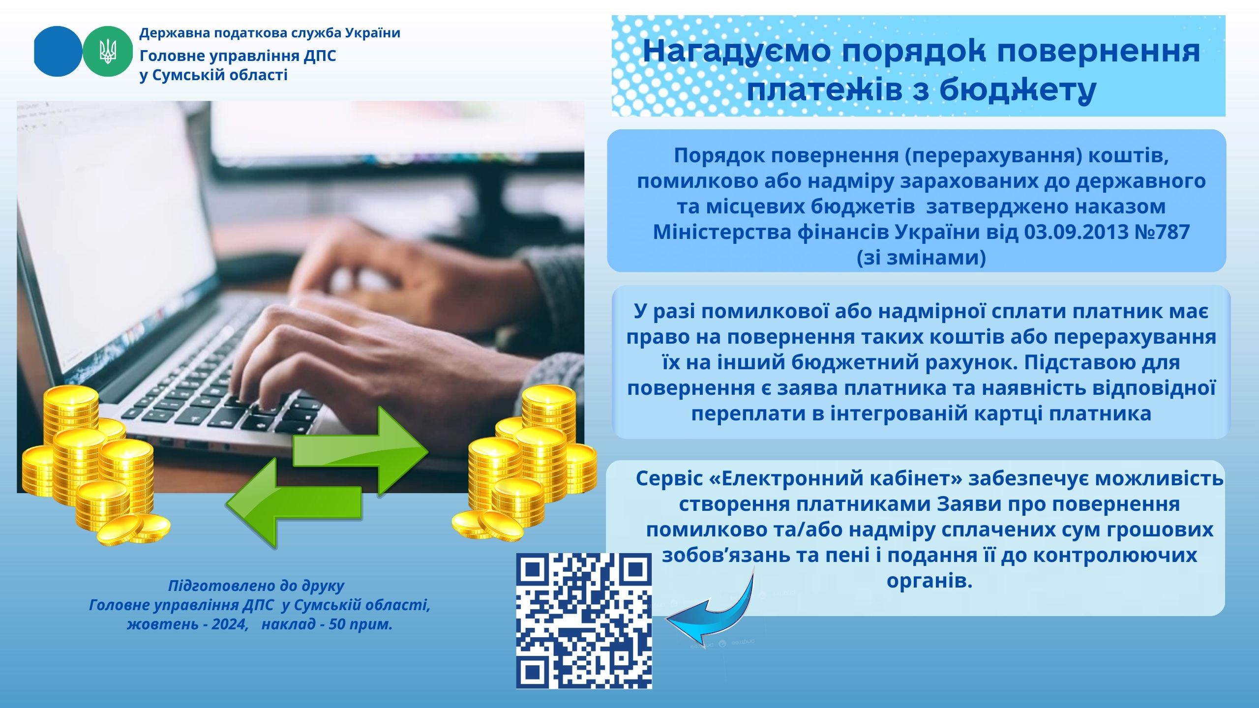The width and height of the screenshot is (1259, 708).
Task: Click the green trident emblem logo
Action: pos(108,51)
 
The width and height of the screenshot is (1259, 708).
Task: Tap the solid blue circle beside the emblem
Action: pos(58,51)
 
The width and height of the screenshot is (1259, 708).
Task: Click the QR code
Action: pos(584,620)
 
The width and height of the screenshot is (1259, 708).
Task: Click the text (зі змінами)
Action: pos(921,257)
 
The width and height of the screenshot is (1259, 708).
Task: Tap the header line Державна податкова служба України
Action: pos(270,33)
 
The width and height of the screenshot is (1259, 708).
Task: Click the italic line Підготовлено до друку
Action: pos(256,586)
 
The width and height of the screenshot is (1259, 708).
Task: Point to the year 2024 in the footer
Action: pos(230,624)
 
